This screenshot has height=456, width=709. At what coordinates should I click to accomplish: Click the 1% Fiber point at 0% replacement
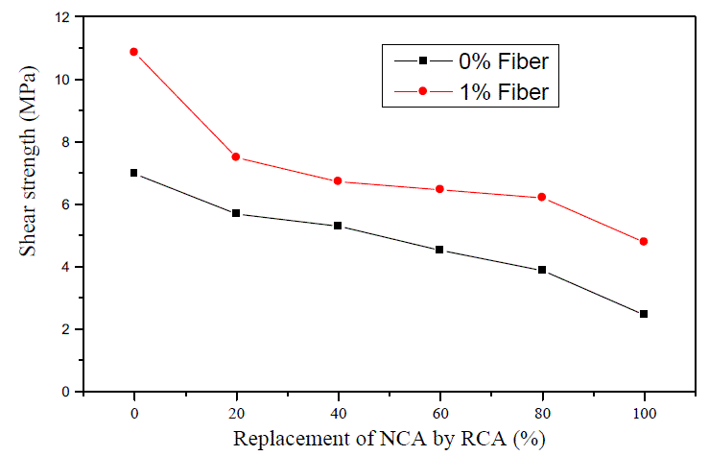click(134, 52)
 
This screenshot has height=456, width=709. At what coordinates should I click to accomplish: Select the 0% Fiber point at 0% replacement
click(134, 173)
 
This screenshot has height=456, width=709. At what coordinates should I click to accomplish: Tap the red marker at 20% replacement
click(236, 156)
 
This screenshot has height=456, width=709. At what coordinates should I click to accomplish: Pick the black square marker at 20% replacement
click(236, 213)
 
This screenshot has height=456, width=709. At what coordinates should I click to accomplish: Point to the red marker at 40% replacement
click(338, 180)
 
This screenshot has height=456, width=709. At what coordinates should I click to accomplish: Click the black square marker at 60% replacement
click(439, 250)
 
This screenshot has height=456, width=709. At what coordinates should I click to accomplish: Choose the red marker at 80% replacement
click(542, 197)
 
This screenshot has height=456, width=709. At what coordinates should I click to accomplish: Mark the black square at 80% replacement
click(542, 270)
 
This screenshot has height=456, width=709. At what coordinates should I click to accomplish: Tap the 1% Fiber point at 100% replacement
click(644, 241)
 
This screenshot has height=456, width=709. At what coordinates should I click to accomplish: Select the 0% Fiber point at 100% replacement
click(644, 314)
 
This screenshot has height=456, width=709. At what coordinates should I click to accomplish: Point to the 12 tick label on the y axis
click(64, 17)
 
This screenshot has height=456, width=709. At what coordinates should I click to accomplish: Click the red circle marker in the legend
click(422, 91)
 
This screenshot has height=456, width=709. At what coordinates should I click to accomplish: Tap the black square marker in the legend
click(422, 61)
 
